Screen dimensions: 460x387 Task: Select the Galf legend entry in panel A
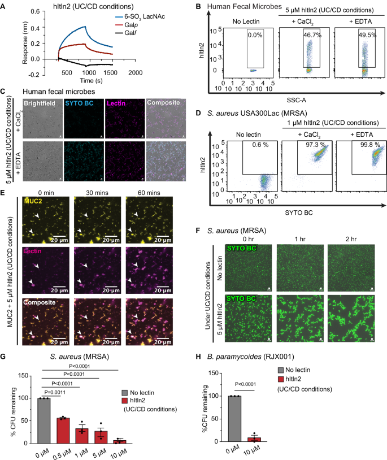pyautogui.click(x=151, y=34)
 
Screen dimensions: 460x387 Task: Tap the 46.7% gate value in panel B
pyautogui.click(x=306, y=34)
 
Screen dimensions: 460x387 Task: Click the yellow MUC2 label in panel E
pyautogui.click(x=32, y=199)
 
